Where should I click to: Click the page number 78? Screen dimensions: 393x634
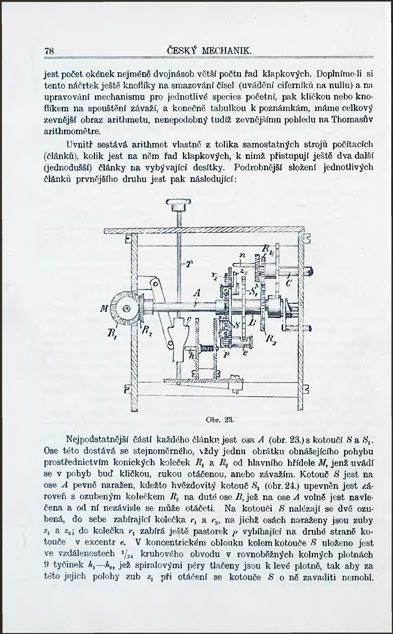(x=49, y=51)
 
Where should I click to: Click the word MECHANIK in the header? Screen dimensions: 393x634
(x=227, y=51)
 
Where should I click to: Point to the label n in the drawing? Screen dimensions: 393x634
(x=242, y=256)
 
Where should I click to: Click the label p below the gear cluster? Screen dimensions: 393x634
(x=226, y=355)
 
